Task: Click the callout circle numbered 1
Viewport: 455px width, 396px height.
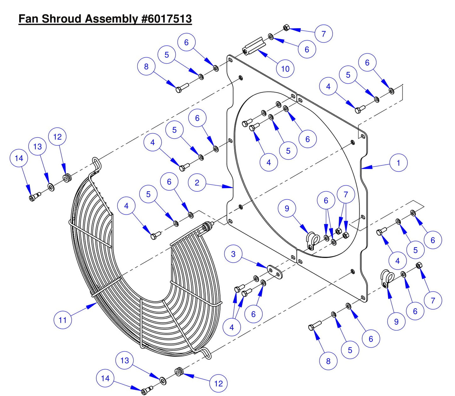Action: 398,163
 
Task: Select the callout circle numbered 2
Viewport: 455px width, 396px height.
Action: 197,183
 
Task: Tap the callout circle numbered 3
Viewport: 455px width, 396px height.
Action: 233,254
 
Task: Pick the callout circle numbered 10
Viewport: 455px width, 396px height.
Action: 285,69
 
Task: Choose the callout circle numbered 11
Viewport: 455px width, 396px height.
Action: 63,320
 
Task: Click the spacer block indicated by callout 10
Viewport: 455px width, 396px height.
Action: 254,46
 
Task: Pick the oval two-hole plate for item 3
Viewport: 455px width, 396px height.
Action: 275,272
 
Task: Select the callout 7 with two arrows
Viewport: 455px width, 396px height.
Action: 346,194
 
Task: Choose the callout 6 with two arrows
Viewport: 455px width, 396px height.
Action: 326,200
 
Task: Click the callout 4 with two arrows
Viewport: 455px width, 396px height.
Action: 231,327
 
